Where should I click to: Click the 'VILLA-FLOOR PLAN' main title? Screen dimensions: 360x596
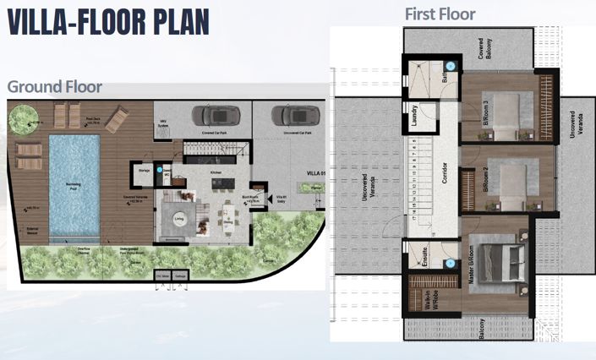pyautogui.click(x=107, y=22)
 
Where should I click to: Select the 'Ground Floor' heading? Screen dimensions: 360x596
pyautogui.click(x=55, y=86)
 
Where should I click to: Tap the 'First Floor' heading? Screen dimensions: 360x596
pyautogui.click(x=440, y=14)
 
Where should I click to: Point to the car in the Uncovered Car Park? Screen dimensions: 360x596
pyautogui.click(x=288, y=115)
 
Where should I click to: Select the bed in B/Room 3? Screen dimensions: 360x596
pyautogui.click(x=506, y=113)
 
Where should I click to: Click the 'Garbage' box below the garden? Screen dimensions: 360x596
pyautogui.click(x=181, y=275)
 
